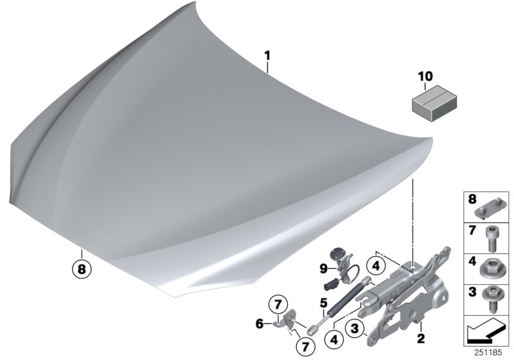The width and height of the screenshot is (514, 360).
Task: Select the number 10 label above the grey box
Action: (427, 78)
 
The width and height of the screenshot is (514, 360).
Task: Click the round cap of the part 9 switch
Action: (336, 254)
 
